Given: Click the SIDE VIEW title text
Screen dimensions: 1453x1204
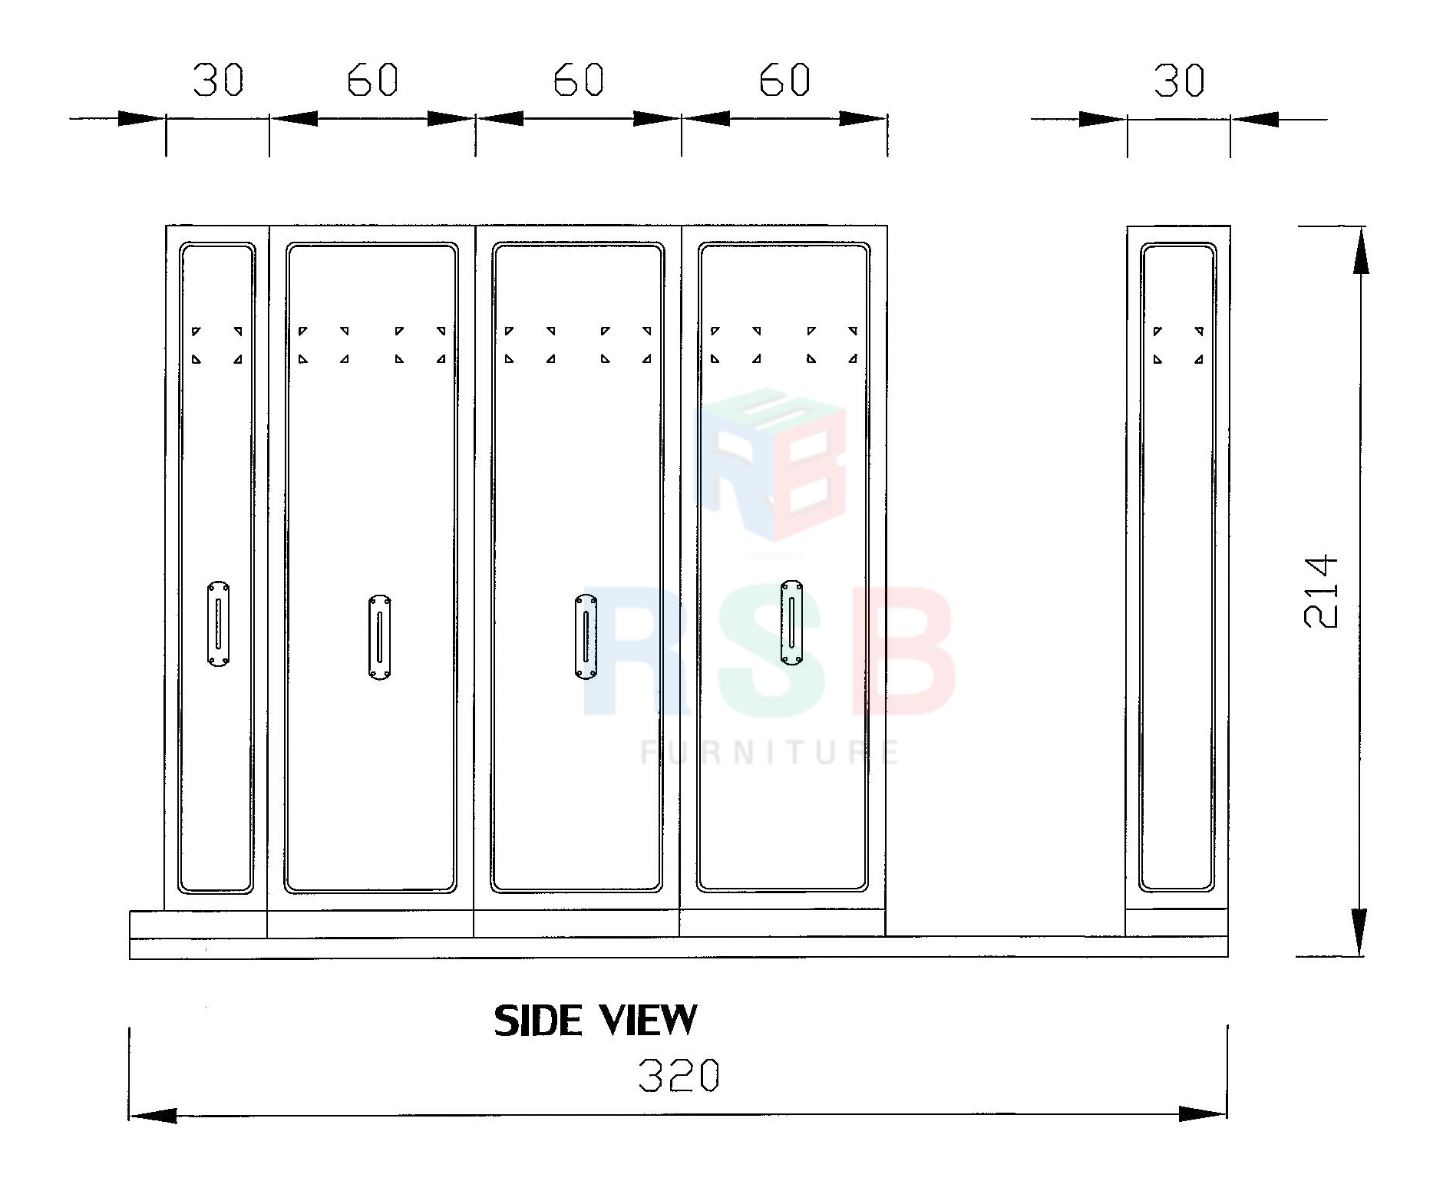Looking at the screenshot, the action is (596, 1021).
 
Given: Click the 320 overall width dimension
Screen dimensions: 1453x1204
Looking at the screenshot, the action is (679, 1075).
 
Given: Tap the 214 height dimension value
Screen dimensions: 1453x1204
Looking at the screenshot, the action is (1321, 592).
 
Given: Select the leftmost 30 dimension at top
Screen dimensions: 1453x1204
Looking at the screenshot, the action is (218, 80).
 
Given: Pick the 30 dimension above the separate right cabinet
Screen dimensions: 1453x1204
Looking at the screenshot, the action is (1179, 81).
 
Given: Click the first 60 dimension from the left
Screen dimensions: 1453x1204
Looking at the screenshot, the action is (372, 80).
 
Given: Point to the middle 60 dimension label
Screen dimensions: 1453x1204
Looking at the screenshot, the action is (579, 80).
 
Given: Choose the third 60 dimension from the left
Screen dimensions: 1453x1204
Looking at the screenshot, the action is (784, 80).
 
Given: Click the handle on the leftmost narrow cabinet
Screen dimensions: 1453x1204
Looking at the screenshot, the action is (218, 624).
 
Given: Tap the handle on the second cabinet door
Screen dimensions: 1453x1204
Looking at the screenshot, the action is (379, 637).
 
